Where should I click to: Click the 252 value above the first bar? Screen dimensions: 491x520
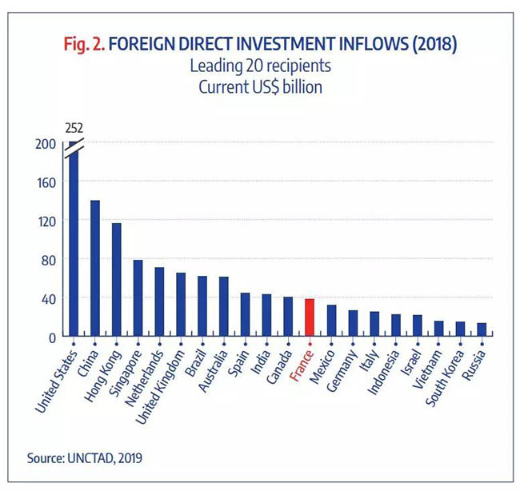73,127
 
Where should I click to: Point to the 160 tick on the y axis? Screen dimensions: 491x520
46,182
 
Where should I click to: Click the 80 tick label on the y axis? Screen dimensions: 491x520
49,260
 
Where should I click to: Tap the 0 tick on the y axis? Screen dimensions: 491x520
52,337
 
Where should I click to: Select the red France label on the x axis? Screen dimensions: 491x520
300,364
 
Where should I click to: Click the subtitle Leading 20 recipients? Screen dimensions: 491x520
261,66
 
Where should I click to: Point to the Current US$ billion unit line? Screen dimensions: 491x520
261,86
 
